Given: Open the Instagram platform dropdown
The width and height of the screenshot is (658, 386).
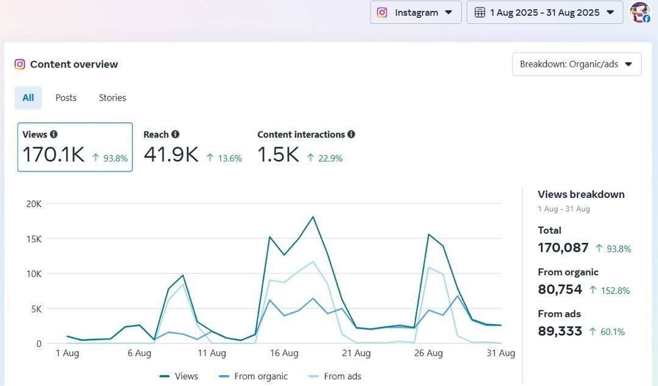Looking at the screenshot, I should (x=416, y=12).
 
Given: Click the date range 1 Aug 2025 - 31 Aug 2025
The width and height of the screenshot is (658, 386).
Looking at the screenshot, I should (x=545, y=12).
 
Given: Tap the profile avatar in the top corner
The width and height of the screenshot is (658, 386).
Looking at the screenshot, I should (x=640, y=12).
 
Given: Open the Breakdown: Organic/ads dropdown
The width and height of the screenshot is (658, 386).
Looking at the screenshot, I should (x=576, y=64).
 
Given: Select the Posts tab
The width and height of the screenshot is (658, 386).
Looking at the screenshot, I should (x=66, y=97).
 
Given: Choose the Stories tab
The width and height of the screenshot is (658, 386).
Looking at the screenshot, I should (x=112, y=97).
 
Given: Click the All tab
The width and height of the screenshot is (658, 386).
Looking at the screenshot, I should (x=28, y=97).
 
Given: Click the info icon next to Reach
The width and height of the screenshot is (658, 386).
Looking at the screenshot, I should (x=175, y=135).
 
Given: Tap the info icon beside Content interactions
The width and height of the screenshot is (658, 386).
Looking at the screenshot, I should (x=351, y=135).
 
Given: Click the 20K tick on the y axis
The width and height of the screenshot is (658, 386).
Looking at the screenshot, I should (x=34, y=204).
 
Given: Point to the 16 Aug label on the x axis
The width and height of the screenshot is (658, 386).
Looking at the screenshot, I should (x=284, y=353).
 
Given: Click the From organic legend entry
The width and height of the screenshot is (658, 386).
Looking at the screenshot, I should (x=261, y=376).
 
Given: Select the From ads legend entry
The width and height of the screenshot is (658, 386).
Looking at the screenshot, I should (x=342, y=376).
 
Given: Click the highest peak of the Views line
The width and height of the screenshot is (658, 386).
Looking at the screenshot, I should (x=313, y=217).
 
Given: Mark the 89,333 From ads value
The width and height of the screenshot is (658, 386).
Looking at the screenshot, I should (x=560, y=331).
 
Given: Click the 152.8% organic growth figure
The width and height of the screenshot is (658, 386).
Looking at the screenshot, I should (x=615, y=290).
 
